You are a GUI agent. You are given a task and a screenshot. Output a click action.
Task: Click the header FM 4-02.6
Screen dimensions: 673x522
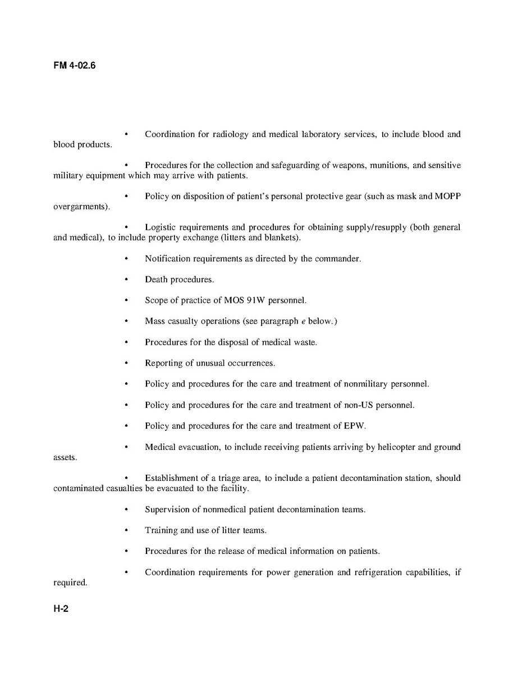pos(75,66)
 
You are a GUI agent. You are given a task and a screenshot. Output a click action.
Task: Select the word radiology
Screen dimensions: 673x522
pos(230,134)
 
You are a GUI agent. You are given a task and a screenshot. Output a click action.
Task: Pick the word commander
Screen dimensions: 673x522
pos(338,259)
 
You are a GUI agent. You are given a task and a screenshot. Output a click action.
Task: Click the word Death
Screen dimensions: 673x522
pos(156,280)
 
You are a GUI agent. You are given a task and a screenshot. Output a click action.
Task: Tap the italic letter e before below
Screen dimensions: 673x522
pos(303,321)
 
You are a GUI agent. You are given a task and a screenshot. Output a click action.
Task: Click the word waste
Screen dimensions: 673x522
pos(305,342)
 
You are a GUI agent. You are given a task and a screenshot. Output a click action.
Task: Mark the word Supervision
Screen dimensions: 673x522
pos(166,510)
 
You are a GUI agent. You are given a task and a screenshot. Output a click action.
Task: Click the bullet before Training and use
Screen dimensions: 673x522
pos(126,530)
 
